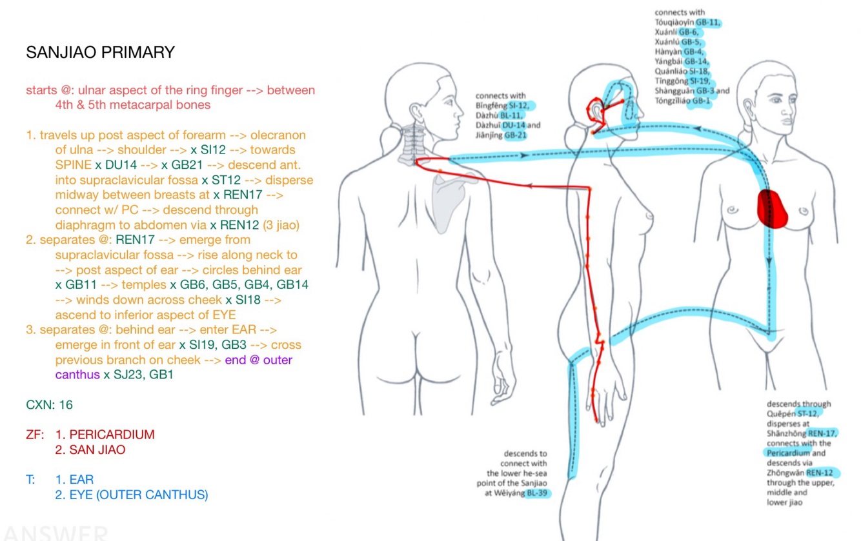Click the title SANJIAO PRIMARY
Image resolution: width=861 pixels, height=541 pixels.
(x=100, y=53)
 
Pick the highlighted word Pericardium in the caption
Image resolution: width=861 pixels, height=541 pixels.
(x=787, y=453)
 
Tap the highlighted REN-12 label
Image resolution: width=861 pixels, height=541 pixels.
(x=822, y=473)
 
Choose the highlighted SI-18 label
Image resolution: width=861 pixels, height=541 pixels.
(x=701, y=72)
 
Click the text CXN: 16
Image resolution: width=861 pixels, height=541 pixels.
(x=49, y=405)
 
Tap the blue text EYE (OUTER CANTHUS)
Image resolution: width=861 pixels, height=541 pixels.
(x=132, y=495)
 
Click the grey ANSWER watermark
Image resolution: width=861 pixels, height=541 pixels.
(x=55, y=533)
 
